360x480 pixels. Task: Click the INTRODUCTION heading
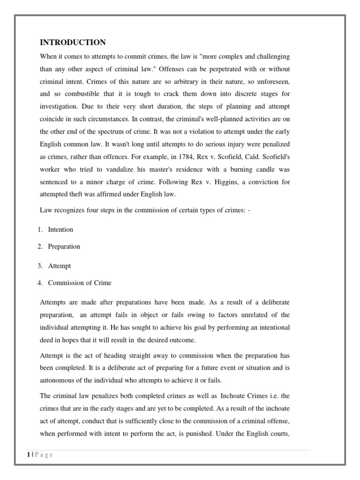point(73,43)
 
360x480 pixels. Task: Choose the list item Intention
point(60,230)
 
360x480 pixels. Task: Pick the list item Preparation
point(64,247)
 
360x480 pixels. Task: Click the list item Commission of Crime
point(80,283)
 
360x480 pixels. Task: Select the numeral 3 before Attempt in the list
point(40,266)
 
